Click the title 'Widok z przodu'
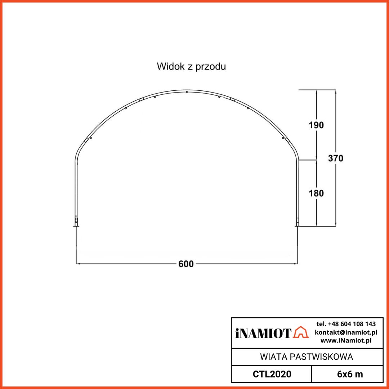click(191, 67)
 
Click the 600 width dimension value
click(186, 264)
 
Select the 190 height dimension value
click(316, 125)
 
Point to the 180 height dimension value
click(316, 193)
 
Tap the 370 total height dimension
click(335, 158)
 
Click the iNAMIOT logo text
click(263, 334)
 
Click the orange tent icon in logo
click(301, 332)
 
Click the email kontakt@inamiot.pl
click(346, 332)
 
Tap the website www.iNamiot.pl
click(346, 341)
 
